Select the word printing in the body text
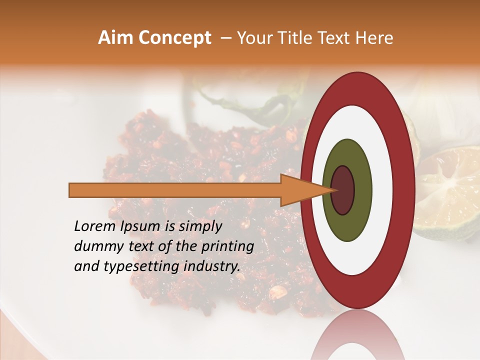tap(227, 246)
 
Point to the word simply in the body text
tap(199, 227)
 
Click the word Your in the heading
tap(253, 38)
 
